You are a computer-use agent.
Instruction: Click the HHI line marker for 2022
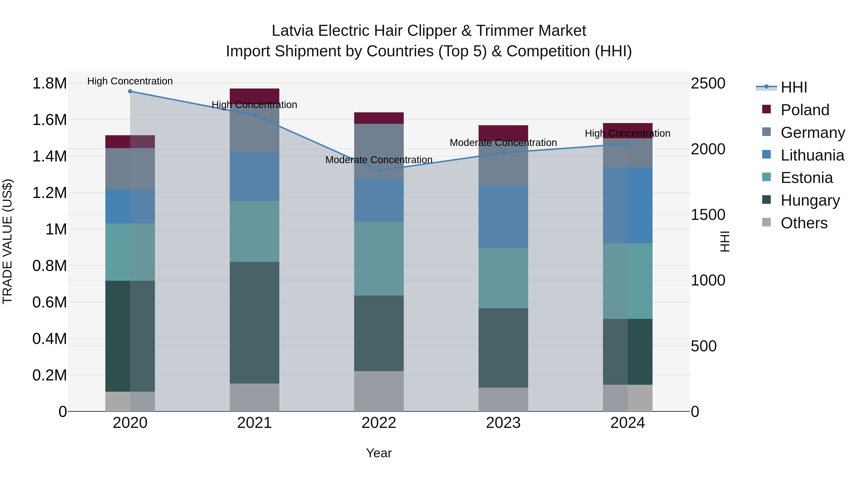coord(379,171)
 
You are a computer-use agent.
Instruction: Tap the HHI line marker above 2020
coord(130,91)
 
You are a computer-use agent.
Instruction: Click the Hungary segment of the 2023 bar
coord(503,348)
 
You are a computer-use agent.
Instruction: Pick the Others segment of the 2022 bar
coord(379,391)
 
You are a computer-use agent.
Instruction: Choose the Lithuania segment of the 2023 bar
coord(503,216)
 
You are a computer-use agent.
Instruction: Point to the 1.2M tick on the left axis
coord(49,193)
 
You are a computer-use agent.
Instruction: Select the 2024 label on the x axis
coord(628,423)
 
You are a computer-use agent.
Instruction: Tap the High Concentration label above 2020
coord(130,81)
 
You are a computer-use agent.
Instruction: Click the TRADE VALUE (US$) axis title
coord(7,241)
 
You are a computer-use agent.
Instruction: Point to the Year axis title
coord(379,453)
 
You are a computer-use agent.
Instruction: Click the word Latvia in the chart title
coord(292,31)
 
